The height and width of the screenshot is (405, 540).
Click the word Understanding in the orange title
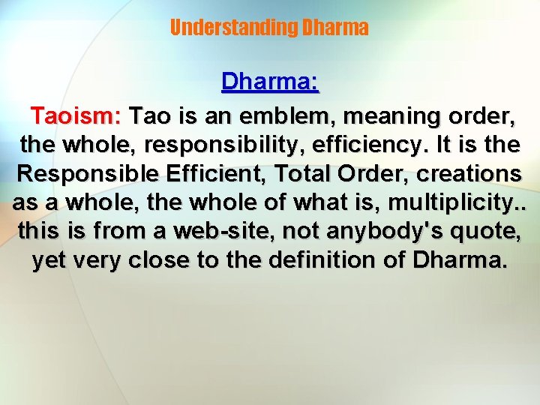tap(233, 28)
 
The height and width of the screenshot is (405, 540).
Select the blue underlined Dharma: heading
tap(270, 82)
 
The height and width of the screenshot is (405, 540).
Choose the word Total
tap(301, 174)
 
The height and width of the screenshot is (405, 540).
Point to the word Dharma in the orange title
tap(334, 28)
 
